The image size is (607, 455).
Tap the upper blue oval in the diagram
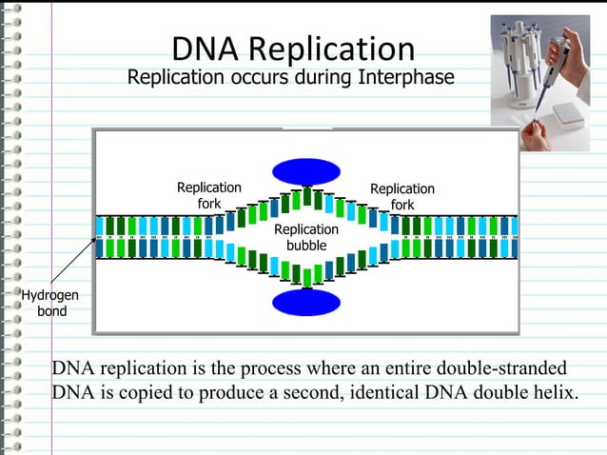305,171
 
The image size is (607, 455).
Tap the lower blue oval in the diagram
305,302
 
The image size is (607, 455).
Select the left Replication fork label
208,196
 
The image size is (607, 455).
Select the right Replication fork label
401,197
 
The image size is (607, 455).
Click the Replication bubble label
305,238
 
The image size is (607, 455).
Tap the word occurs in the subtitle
245,77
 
